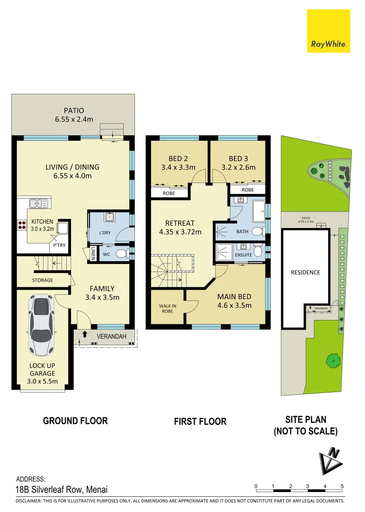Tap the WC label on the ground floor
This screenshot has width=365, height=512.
(107, 254)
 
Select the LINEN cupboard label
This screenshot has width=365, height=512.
(93, 254)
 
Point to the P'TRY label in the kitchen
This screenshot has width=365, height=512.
(59, 245)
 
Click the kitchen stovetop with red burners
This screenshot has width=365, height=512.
(22, 225)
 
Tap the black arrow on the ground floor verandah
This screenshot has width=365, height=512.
(85, 335)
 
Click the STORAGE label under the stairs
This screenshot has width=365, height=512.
(43, 280)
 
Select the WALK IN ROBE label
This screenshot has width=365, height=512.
(168, 309)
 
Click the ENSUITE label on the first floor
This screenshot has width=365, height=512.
(243, 255)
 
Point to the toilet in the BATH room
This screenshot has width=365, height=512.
(257, 231)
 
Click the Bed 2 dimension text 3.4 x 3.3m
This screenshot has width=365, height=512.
(178, 167)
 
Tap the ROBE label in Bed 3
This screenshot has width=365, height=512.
(247, 190)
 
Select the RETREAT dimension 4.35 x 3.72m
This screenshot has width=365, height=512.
(179, 232)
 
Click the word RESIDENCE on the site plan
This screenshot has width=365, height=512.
(305, 272)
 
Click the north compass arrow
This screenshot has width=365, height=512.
(330, 460)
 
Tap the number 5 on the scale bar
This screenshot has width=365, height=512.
(342, 486)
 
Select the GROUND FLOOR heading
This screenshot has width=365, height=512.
(75, 421)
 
